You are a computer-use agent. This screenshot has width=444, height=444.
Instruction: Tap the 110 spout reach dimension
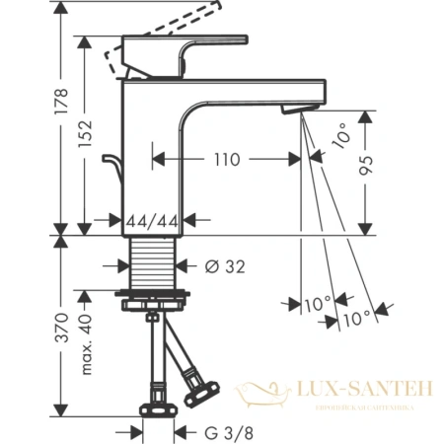tap(227, 157)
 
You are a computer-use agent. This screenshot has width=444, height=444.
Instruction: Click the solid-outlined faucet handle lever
tap(187, 51)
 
